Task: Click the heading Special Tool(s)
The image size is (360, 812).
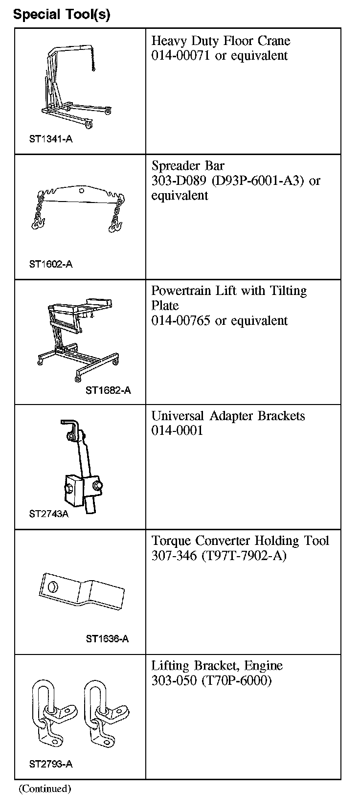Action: (x=62, y=14)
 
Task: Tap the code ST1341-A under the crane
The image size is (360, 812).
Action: (x=50, y=139)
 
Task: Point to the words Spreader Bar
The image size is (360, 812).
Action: (x=188, y=165)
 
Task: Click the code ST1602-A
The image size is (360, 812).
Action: (x=50, y=264)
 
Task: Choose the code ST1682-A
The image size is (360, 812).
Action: (x=108, y=390)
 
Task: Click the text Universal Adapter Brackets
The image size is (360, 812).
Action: (x=228, y=416)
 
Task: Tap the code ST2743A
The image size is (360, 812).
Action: (x=48, y=514)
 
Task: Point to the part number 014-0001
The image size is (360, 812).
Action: (x=177, y=431)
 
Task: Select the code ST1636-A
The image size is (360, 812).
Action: (x=107, y=639)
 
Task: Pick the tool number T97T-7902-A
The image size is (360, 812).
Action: (x=244, y=556)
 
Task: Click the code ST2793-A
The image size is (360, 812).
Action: (x=50, y=764)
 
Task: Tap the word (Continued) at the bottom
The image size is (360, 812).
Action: (x=45, y=789)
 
